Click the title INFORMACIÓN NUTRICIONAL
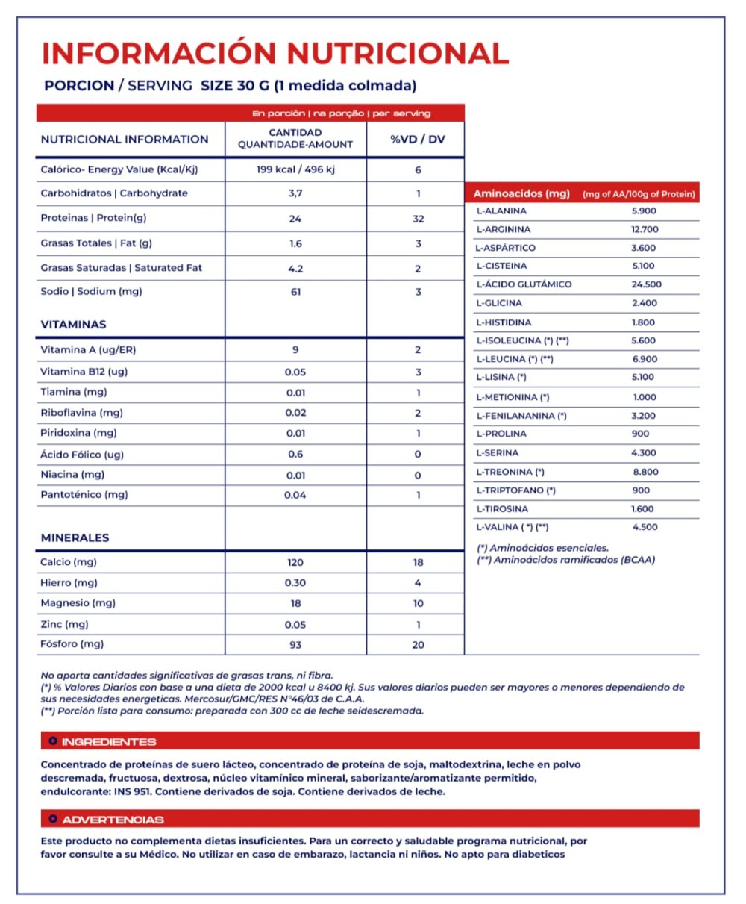(275, 53)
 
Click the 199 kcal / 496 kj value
(295, 169)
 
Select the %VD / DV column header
(417, 139)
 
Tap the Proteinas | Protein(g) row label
(93, 219)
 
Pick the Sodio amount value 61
(295, 292)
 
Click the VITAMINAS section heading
(73, 325)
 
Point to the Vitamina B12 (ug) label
(84, 372)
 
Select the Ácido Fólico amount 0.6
(295, 454)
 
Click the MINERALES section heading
(75, 537)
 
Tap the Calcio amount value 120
(295, 562)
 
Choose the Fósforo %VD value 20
(418, 644)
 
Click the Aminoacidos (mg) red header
(521, 194)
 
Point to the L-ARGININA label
(504, 229)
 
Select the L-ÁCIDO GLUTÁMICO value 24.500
(646, 284)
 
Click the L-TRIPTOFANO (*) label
(515, 490)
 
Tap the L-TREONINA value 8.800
(645, 472)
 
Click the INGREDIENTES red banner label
(109, 741)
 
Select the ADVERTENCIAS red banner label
(113, 820)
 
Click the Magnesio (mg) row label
(78, 603)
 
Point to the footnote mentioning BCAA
(566, 560)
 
